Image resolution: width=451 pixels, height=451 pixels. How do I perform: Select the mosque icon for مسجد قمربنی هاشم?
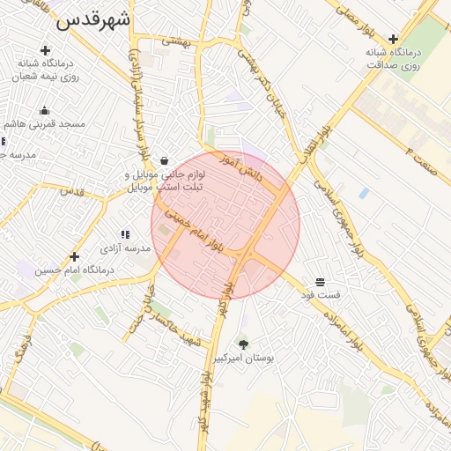44,110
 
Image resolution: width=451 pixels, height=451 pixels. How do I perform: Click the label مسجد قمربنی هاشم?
49,124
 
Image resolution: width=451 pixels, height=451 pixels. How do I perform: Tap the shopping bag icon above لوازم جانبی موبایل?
166,160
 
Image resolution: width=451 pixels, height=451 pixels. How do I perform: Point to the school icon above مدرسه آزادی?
124,234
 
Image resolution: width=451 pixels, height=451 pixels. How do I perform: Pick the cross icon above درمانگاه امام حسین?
74,255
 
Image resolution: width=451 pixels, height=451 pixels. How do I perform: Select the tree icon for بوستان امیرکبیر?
243,344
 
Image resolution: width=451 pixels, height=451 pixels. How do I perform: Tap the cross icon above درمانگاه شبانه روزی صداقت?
393,39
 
